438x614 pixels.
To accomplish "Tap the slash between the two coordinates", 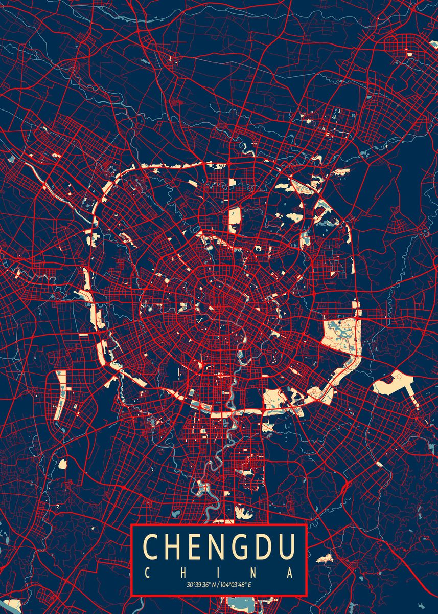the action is coord(219,585).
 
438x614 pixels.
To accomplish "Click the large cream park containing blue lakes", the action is coord(340,335).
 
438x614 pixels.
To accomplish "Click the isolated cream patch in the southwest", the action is coord(62,464).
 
